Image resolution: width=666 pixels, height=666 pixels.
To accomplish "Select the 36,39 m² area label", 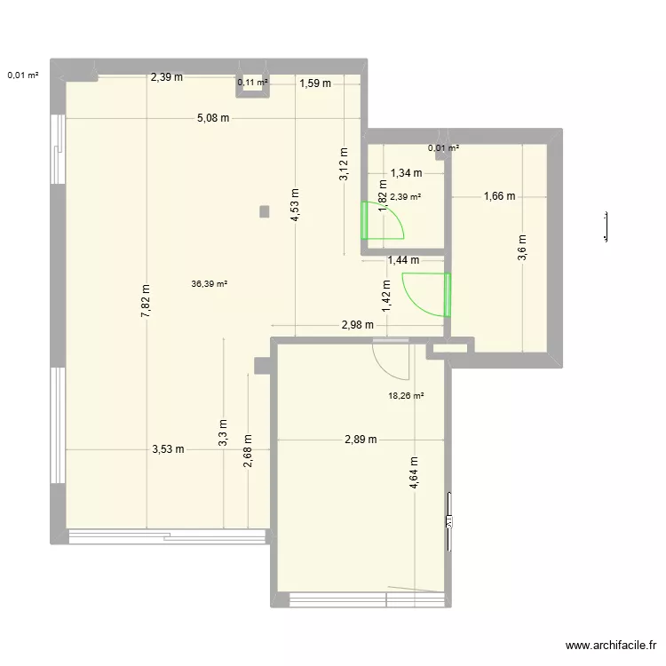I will [x=210, y=285].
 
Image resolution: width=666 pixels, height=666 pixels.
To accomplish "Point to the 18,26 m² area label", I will [x=406, y=396].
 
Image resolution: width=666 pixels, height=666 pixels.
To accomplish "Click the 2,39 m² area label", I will [x=405, y=197].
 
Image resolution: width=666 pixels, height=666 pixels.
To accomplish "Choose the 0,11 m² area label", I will [x=252, y=83].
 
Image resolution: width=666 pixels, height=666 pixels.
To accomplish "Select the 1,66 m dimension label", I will [x=499, y=197].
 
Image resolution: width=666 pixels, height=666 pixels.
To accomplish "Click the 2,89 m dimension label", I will [x=361, y=440].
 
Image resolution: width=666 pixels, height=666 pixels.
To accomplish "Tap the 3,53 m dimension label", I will [x=167, y=449].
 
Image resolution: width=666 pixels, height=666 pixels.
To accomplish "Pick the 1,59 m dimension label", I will [x=314, y=84].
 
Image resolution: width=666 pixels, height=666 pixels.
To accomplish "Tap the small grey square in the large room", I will [x=264, y=211].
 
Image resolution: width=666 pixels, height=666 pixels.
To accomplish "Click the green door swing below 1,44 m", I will [x=424, y=295].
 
